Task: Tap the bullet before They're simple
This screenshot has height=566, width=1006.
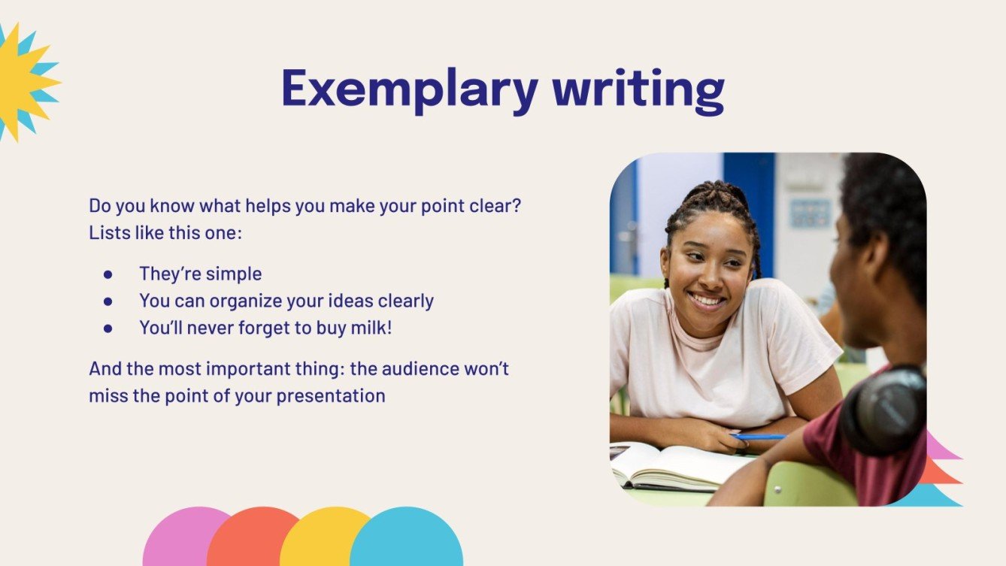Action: pyautogui.click(x=108, y=274)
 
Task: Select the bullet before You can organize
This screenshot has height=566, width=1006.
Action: pyautogui.click(x=108, y=301)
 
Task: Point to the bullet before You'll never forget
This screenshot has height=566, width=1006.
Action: pyautogui.click(x=108, y=328)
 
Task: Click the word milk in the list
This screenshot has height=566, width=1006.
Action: pyautogui.click(x=367, y=328)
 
